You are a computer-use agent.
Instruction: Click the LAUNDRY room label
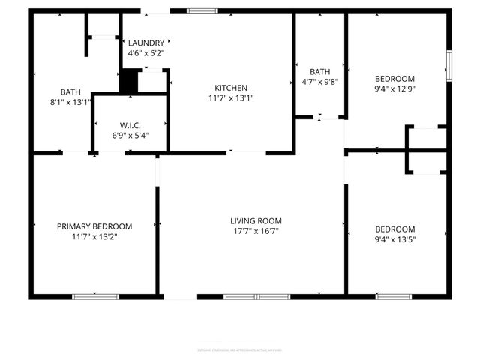(145, 43)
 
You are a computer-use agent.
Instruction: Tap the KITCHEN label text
(231, 88)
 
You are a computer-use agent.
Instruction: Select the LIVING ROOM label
(256, 220)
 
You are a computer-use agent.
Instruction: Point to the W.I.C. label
(130, 125)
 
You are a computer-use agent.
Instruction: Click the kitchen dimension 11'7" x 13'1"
(231, 97)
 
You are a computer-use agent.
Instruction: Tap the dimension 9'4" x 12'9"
(394, 88)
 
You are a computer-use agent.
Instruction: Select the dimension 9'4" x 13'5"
(394, 239)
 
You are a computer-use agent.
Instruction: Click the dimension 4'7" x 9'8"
(320, 82)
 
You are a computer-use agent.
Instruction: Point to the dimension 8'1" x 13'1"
(70, 103)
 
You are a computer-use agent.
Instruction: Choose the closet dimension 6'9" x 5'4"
(130, 135)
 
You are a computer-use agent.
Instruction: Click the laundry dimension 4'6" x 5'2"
(145, 53)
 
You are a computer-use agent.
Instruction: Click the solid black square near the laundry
(130, 79)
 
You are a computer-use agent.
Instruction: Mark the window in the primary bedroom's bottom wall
(95, 297)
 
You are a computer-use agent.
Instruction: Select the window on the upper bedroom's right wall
(449, 66)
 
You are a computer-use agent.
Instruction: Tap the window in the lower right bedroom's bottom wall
(393, 297)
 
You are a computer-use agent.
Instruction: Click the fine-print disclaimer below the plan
(239, 349)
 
